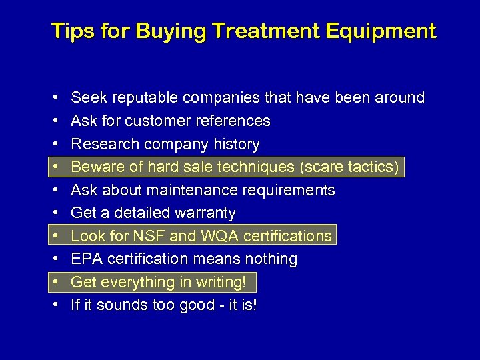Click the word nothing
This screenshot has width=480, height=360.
coord(270,259)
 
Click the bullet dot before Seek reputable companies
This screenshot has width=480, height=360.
coord(53,98)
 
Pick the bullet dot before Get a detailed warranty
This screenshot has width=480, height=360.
coord(53,213)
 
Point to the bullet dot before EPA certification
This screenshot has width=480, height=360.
coord(53,259)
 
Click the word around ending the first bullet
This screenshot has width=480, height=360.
coord(399,98)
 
